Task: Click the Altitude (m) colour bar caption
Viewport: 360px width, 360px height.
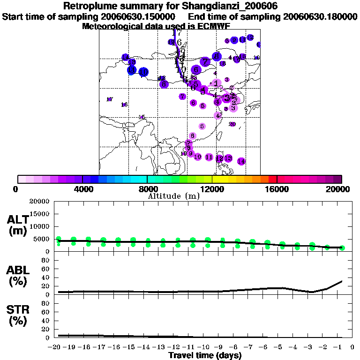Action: [x=173, y=195]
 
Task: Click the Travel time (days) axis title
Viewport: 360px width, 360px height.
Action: [x=205, y=355]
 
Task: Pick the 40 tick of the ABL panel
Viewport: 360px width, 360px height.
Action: [x=46, y=277]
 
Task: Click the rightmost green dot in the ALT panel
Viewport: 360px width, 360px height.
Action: [x=342, y=247]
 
